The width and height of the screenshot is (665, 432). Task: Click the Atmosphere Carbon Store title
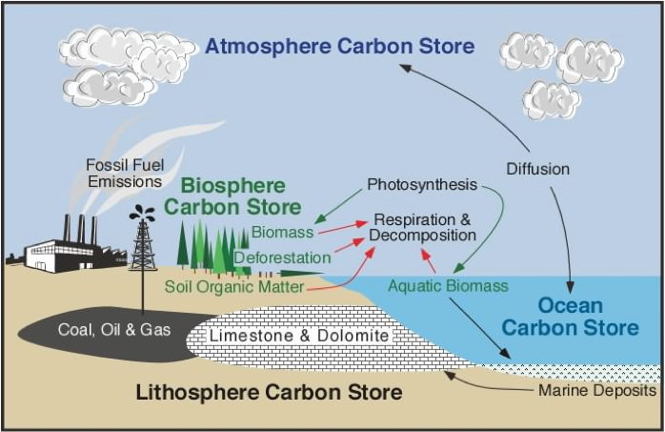[340, 47]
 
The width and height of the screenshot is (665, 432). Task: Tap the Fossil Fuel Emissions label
[125, 174]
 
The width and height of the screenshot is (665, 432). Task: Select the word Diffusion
[537, 169]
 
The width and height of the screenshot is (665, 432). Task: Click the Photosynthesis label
[422, 185]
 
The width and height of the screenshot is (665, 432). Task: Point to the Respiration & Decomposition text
[422, 228]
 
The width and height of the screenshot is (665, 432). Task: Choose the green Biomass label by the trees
[282, 232]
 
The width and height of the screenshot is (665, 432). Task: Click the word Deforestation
[282, 257]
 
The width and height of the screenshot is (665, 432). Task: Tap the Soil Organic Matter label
[234, 287]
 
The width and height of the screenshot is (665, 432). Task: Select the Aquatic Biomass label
[449, 286]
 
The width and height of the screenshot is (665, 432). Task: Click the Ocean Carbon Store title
[570, 317]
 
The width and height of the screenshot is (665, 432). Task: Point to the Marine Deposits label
[597, 390]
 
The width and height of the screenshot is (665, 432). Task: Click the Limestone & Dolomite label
[299, 336]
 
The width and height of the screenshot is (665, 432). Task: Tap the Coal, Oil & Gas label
[114, 330]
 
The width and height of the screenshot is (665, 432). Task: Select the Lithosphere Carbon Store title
[269, 392]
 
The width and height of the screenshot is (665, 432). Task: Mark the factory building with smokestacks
[67, 249]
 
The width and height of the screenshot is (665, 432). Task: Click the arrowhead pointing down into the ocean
[571, 287]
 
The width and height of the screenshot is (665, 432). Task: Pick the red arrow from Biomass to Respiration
[343, 228]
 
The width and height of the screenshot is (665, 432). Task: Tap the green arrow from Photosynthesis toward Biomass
[338, 207]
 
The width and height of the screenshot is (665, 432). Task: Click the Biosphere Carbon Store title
[232, 196]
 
